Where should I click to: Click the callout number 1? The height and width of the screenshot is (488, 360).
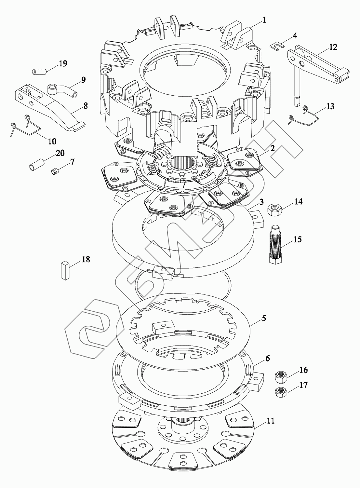[264, 20]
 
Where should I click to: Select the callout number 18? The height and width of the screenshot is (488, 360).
[86, 260]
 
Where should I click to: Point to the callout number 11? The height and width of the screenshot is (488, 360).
[270, 421]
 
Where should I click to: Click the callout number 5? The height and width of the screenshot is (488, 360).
[264, 318]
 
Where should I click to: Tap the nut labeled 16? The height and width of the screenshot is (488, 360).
[280, 377]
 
